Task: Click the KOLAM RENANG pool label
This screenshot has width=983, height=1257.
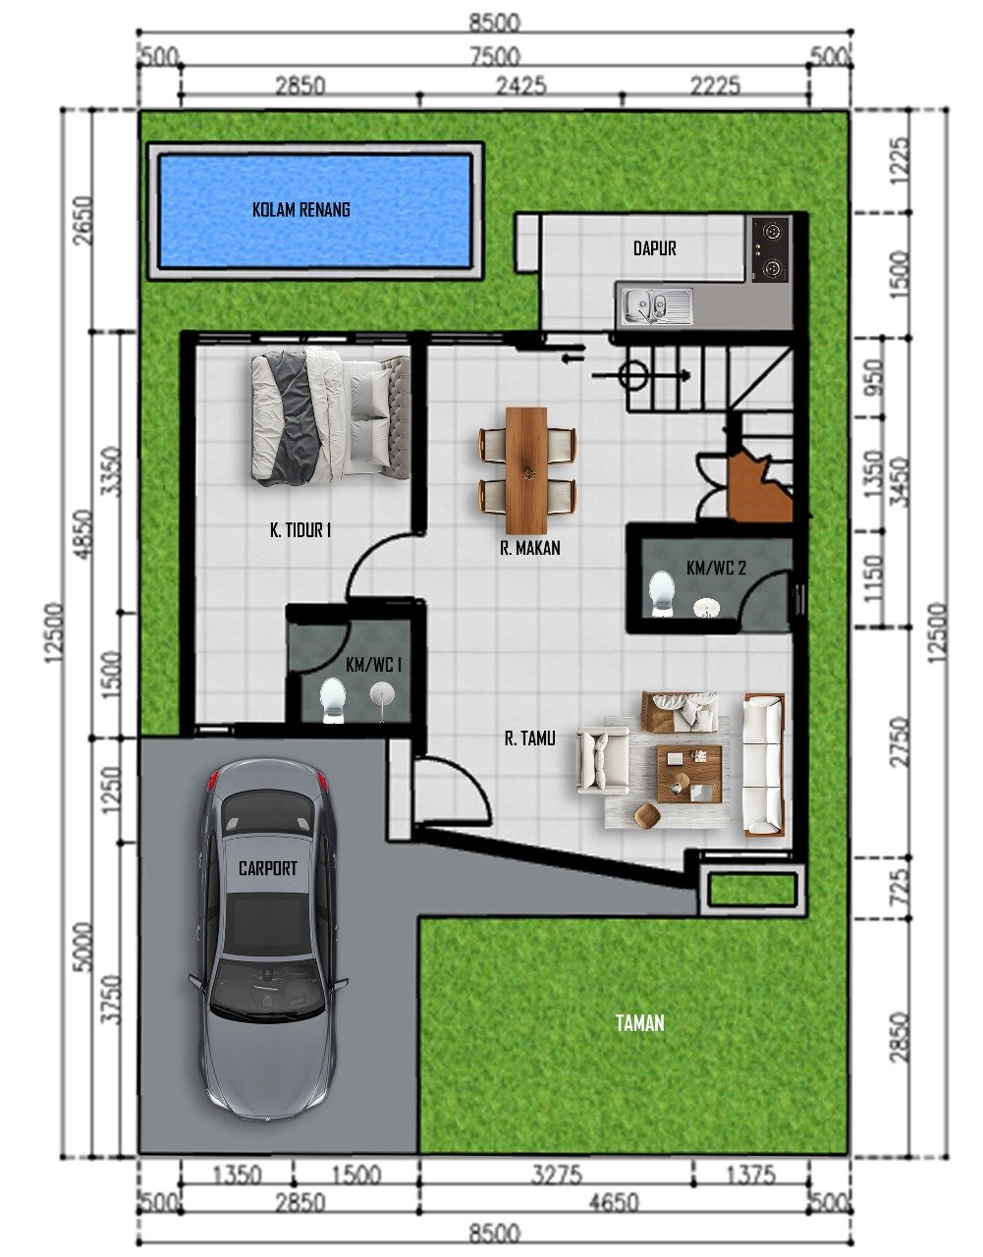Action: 300,209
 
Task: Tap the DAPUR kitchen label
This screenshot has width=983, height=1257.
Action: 654,248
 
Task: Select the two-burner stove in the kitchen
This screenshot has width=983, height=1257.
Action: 770,248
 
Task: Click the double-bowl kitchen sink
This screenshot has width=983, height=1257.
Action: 654,305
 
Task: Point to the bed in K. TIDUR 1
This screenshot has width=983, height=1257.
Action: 328,417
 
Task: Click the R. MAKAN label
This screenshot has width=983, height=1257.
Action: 530,548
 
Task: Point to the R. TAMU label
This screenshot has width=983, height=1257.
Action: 529,738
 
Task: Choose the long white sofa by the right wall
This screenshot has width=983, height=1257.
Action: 763,765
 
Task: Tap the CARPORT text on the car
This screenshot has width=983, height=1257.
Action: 267,868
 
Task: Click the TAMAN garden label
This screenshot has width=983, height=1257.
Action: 639,1023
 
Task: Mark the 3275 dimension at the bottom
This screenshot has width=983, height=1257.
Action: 557,1175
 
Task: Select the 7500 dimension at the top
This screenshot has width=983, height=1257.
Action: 494,58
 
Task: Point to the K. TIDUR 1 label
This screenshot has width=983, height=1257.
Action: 300,530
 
